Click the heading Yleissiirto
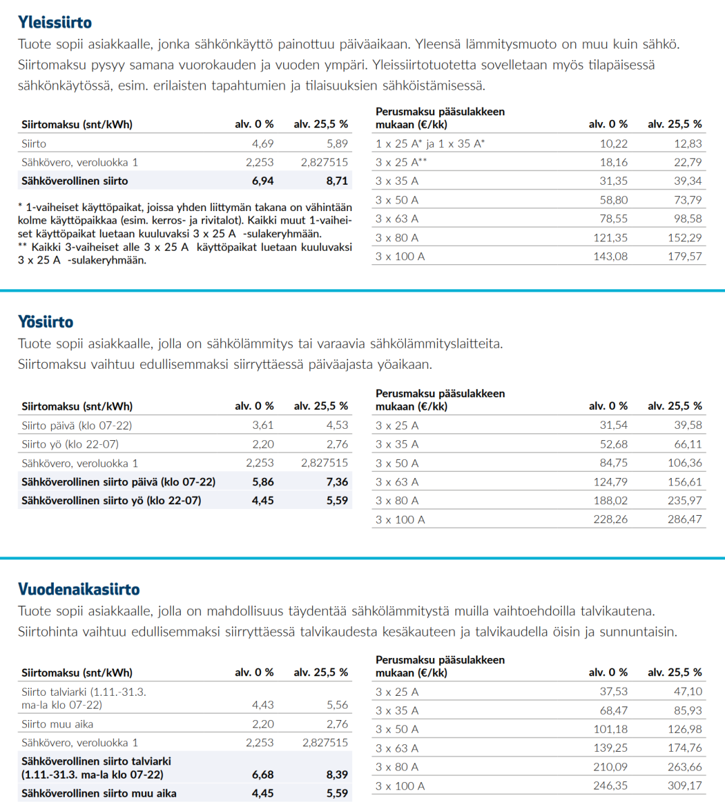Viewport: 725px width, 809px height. tap(55, 22)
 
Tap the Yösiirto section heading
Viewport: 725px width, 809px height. tap(45, 322)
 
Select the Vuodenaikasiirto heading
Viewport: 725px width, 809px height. tap(79, 589)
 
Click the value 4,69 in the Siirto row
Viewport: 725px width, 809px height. tap(262, 144)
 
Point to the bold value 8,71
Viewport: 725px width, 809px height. tap(337, 181)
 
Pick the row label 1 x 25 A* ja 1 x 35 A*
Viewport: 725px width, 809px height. tap(430, 144)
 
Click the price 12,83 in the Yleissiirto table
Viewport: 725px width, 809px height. tap(687, 144)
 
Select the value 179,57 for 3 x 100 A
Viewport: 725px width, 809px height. tap(685, 256)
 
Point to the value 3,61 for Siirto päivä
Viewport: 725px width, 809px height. tap(262, 425)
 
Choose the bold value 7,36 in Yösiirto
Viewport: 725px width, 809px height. tap(337, 482)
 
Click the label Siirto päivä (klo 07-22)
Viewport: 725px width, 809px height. tap(77, 425)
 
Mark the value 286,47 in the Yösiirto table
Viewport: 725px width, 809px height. tap(685, 520)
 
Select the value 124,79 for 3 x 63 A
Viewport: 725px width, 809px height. tap(610, 482)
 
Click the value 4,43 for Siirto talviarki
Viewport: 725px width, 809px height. tap(262, 705)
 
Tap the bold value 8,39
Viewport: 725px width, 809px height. tap(337, 775)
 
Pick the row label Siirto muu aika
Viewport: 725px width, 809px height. tap(57, 724)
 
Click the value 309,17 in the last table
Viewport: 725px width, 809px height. tap(685, 786)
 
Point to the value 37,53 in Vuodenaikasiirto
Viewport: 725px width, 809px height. tap(614, 692)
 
